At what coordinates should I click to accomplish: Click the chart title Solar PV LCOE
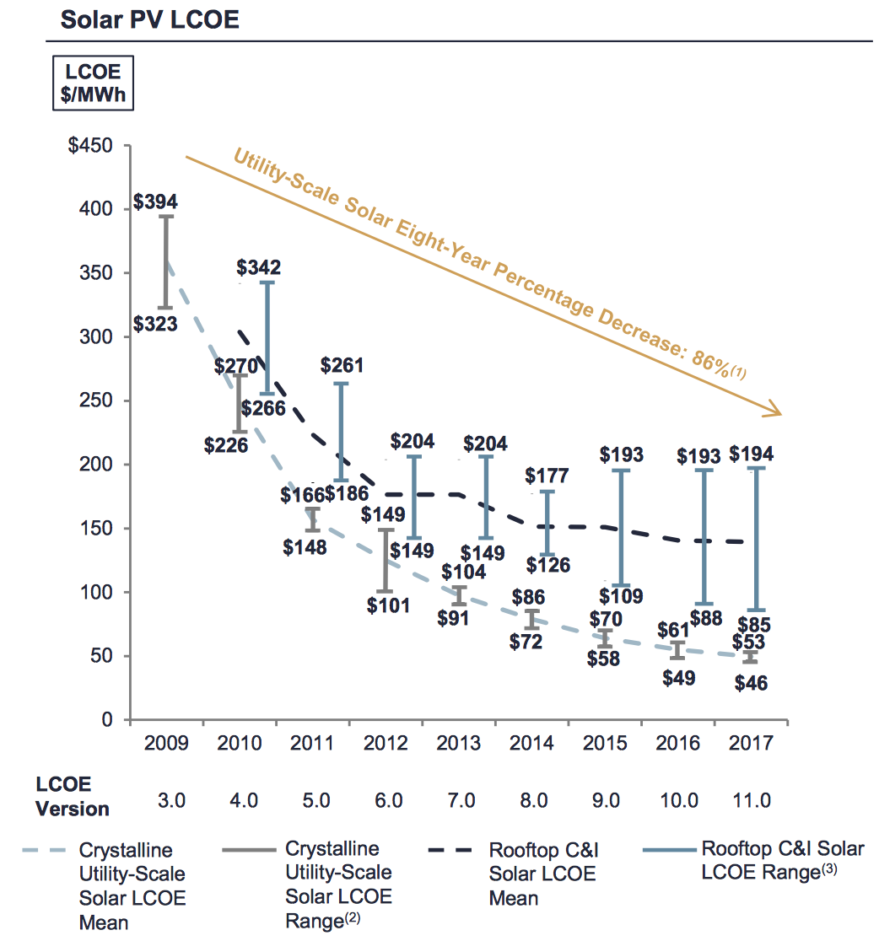(150, 19)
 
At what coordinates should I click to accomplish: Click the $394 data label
(155, 203)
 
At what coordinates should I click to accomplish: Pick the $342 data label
(258, 268)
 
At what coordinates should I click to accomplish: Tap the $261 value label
(342, 366)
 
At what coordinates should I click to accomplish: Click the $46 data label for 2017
(751, 683)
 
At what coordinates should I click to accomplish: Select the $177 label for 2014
(547, 476)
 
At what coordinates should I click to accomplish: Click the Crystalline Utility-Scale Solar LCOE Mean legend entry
(126, 885)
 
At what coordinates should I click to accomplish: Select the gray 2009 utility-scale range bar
(167, 261)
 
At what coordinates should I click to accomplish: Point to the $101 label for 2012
(389, 605)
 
